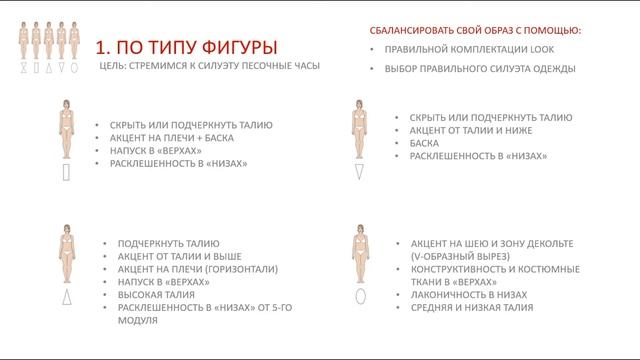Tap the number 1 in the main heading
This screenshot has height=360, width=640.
pyautogui.click(x=99, y=48)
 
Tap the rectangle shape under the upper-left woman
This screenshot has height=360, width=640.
pyautogui.click(x=65, y=171)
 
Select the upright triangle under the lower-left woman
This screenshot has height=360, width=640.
pyautogui.click(x=65, y=297)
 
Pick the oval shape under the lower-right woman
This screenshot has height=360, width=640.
pyautogui.click(x=359, y=296)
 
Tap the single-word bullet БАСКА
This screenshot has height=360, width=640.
pyautogui.click(x=412, y=143)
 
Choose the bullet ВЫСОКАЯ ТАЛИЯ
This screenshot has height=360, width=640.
pyautogui.click(x=154, y=295)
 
